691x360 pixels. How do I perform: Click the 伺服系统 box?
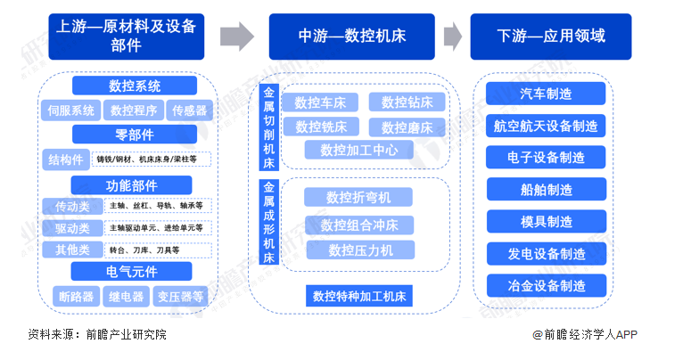70,110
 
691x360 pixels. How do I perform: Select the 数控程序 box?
134,110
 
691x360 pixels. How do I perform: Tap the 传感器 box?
189,110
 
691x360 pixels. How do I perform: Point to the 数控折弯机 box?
358,197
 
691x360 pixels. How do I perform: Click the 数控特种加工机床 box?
359,295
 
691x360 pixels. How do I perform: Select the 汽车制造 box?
546,94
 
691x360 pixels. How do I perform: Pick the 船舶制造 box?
546,189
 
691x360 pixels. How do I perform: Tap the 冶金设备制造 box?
546,286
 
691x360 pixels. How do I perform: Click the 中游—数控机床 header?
350,37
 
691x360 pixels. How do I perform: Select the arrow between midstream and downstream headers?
454,37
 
